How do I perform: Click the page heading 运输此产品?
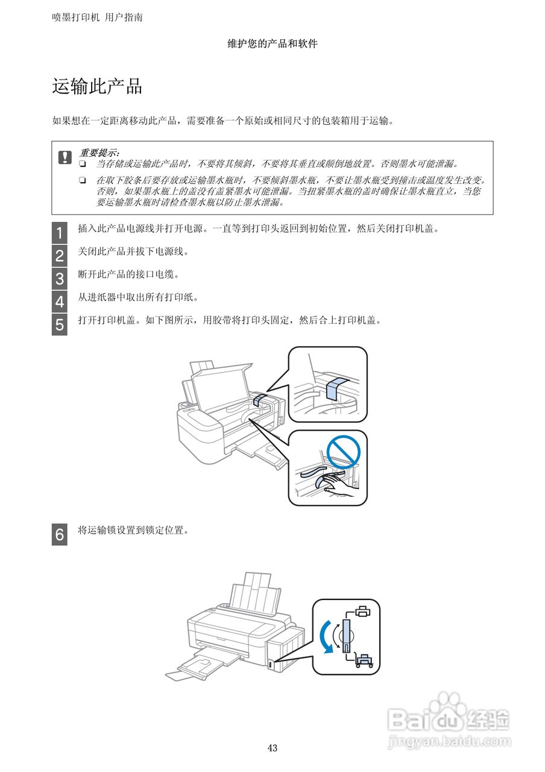point(97,87)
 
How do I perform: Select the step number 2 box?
point(60,256)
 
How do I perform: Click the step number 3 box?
point(60,279)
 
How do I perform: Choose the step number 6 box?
point(60,535)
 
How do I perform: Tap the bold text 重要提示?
point(99,153)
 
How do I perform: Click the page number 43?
point(272,748)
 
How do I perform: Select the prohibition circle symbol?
point(343,451)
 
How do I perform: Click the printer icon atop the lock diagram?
point(362,612)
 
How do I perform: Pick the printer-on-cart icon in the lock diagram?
point(364,660)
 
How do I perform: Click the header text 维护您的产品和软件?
point(272,43)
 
